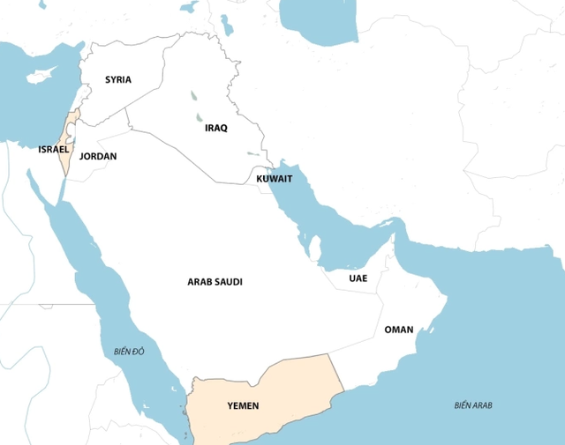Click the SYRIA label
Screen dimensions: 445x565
pos(117,79)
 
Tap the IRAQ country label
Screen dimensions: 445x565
pos(215,128)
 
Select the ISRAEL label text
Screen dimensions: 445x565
pos(53,149)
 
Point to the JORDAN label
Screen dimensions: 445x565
pos(97,156)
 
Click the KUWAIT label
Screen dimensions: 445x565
pos(274,178)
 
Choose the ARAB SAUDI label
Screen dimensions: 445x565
pos(215,282)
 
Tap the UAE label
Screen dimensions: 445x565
pos(358,278)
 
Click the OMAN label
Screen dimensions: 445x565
pos(398,330)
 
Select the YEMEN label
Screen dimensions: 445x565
pos(243,406)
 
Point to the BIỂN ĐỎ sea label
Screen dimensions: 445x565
pos(128,352)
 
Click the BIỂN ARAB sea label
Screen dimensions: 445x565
pos(473,405)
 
